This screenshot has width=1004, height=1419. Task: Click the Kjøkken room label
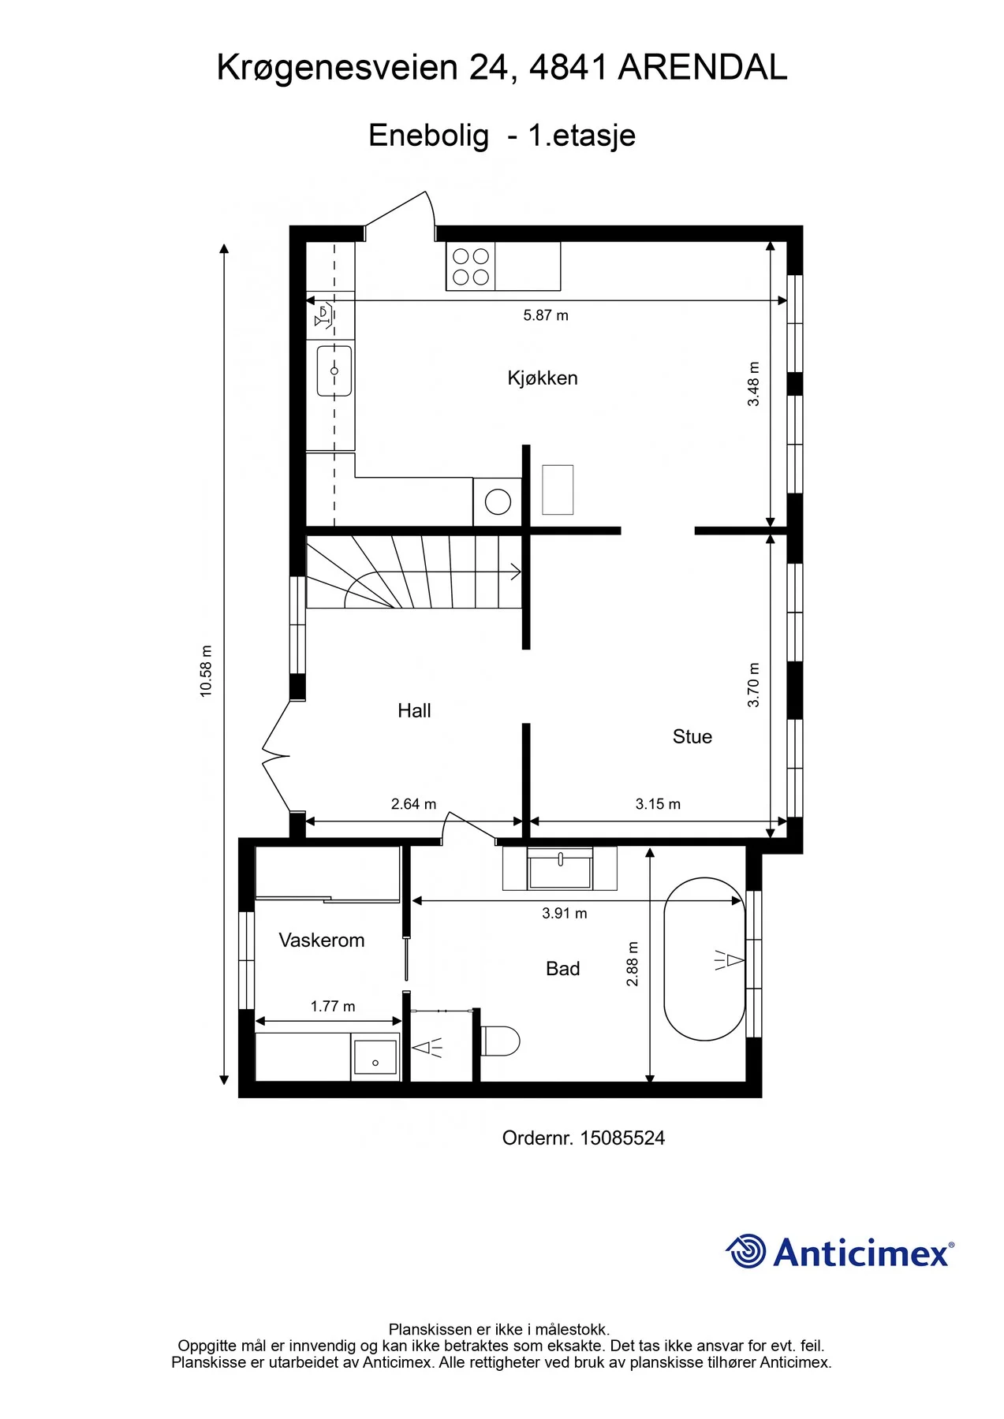[543, 378]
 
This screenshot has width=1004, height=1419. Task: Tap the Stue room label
[692, 736]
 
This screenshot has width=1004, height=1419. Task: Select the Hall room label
[414, 710]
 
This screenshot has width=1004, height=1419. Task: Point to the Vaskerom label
[322, 940]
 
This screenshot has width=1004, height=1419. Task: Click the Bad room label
[563, 969]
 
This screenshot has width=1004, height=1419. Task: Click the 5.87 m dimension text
[546, 315]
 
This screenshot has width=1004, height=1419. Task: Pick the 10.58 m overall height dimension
[206, 671]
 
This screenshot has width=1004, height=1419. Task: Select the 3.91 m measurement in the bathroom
[565, 913]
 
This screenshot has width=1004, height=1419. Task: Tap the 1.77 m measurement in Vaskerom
[333, 1006]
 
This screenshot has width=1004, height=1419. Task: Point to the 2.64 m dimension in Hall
[413, 804]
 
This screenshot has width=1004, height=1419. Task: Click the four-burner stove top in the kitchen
[471, 266]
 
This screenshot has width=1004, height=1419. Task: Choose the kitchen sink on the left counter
[334, 371]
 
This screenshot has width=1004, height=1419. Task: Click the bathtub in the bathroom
[704, 959]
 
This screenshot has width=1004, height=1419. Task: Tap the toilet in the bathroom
[501, 1041]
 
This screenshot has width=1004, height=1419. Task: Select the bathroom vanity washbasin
[560, 869]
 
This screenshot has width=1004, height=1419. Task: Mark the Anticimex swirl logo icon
[746, 1251]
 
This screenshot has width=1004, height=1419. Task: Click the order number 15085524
[622, 1138]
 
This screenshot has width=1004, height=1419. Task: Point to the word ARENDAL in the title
[703, 68]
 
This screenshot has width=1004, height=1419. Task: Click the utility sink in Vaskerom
[375, 1057]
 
